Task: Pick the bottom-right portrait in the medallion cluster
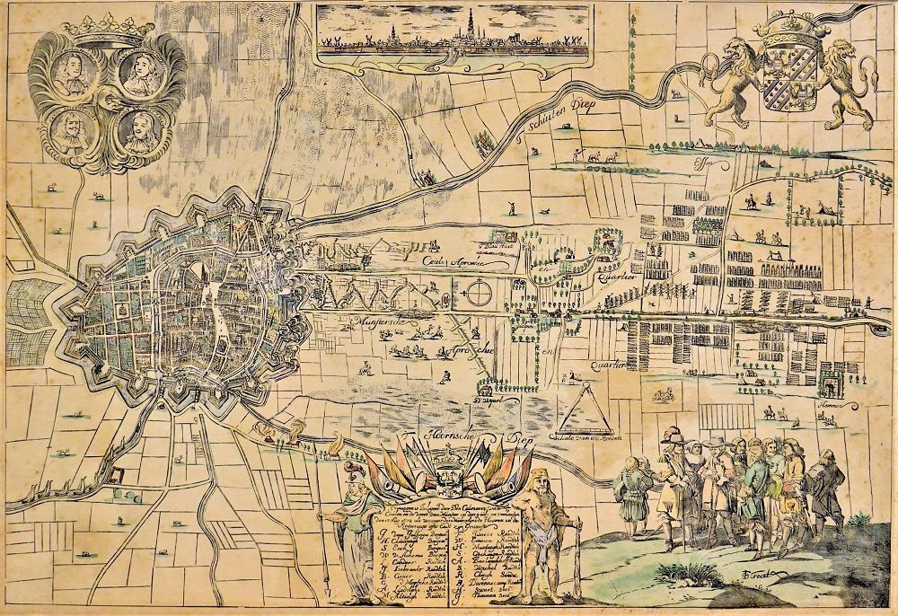point(137,132)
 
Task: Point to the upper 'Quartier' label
point(615,277)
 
